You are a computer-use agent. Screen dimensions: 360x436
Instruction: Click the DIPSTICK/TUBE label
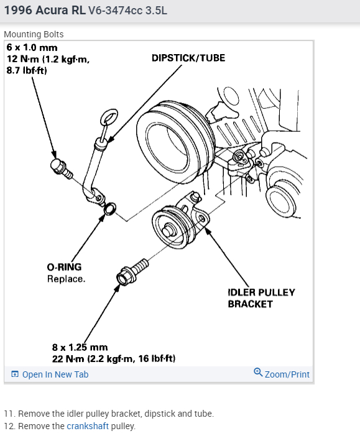[188, 58]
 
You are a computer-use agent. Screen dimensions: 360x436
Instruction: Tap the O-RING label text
[64, 267]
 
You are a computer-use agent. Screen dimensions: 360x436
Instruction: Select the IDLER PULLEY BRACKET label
[261, 298]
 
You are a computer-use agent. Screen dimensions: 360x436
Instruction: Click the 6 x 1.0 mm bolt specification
[32, 47]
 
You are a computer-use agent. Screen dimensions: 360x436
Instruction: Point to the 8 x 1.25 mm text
[80, 347]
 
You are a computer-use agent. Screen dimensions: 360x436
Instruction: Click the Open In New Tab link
[50, 374]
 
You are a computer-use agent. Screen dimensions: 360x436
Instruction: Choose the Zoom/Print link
[282, 374]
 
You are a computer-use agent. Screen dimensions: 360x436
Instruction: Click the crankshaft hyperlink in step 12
[88, 426]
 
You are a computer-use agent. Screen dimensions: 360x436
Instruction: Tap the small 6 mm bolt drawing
[62, 169]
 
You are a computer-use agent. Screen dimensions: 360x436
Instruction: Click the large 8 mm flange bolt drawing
[132, 272]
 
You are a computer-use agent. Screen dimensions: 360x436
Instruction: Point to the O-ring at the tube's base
[110, 208]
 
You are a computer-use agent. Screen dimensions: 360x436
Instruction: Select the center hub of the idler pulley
[168, 230]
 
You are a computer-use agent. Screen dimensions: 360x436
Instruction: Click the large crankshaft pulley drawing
[175, 142]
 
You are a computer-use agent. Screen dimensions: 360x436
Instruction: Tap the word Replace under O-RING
[66, 279]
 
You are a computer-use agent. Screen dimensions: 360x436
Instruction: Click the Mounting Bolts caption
[34, 34]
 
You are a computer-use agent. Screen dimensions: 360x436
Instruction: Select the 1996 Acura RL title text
[45, 11]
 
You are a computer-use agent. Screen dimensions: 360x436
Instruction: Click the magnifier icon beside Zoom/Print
[258, 372]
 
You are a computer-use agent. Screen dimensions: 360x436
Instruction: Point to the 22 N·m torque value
[68, 359]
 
